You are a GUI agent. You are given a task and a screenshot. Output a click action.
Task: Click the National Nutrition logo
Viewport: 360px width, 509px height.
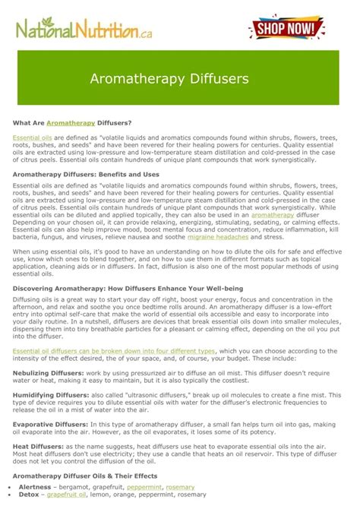tap(79, 31)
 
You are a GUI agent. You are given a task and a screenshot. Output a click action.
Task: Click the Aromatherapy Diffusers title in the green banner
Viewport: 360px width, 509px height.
tap(180, 78)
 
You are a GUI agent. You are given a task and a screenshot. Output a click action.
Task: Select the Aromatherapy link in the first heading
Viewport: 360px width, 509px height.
tap(71, 122)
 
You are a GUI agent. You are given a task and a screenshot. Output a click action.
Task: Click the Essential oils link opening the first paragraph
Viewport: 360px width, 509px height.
tap(27, 137)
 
